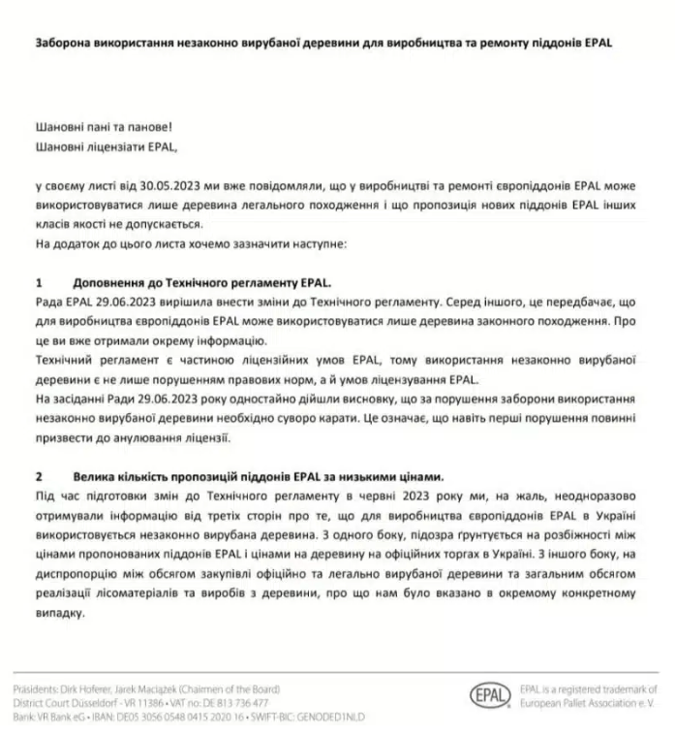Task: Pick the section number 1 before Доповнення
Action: point(39,283)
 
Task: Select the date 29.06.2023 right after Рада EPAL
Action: point(119,303)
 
